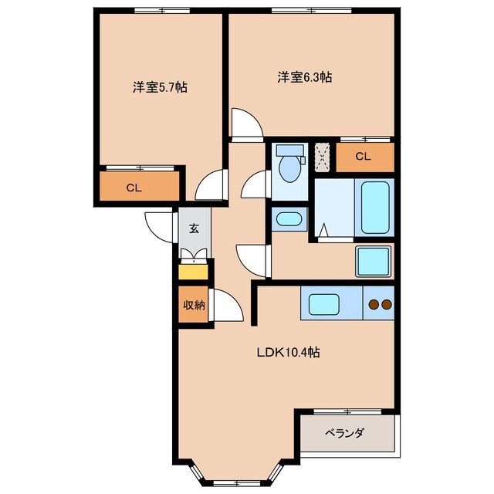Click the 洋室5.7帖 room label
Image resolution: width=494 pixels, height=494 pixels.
point(160,87)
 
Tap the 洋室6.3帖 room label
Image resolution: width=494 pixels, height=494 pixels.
point(305,77)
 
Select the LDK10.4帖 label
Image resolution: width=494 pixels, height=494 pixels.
point(288,352)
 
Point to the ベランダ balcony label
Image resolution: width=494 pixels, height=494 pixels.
point(344,433)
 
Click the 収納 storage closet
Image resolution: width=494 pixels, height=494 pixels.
point(194,304)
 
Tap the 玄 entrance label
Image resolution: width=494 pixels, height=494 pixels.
point(194,228)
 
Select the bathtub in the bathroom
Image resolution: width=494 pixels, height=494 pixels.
point(375,208)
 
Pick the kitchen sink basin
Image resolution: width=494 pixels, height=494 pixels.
point(324,304)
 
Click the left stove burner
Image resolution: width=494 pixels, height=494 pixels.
point(374,304)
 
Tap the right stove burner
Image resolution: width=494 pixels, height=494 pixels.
point(387,304)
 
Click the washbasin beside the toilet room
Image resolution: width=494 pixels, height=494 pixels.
point(289,219)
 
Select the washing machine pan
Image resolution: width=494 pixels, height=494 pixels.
point(374,261)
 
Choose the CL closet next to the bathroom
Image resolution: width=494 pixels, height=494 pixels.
point(365,157)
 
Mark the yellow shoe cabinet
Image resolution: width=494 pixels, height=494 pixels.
point(193,272)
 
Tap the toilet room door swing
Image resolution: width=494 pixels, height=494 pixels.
point(254,184)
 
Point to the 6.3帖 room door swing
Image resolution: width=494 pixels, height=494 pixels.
point(247,123)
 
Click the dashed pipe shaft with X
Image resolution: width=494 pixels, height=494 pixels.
point(323,157)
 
